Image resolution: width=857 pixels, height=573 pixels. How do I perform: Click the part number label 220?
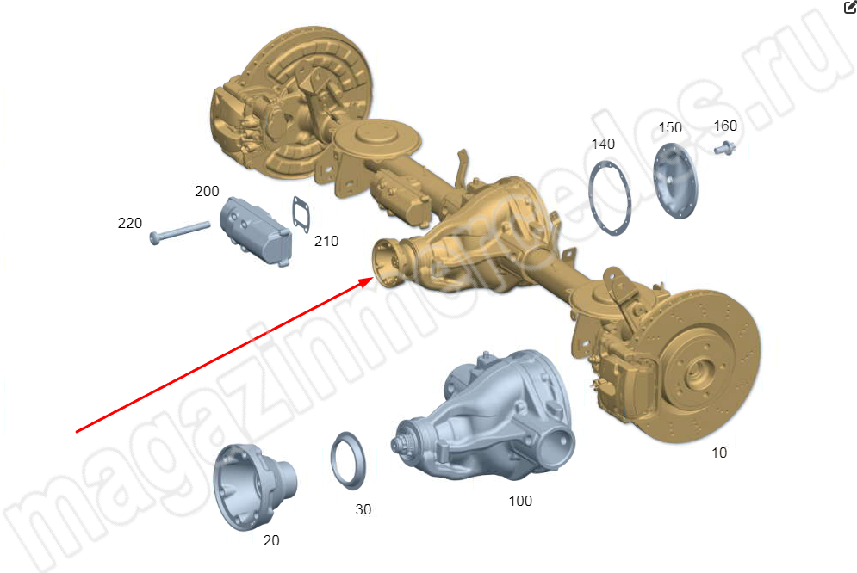[129, 223]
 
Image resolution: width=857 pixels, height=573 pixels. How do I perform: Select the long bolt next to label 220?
[180, 233]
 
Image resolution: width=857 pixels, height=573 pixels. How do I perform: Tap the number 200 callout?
[207, 192]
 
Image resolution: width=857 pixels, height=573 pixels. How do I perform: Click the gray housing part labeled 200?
[256, 231]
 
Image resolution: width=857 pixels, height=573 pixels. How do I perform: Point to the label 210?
[326, 241]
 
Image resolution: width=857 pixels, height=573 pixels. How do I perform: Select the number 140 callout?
[603, 144]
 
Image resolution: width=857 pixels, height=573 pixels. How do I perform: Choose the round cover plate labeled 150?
[676, 181]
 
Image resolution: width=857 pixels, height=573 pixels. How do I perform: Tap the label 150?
[670, 127]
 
